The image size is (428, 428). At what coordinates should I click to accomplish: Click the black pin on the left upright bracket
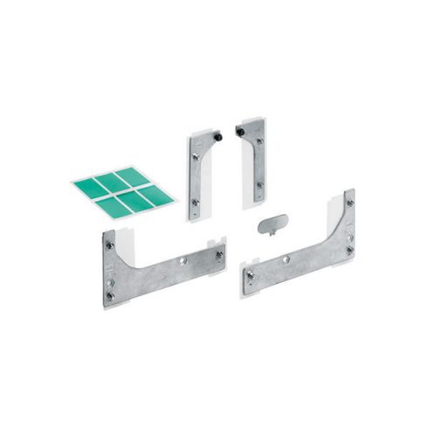(x=217, y=136)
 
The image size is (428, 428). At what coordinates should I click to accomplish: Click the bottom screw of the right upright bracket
(x=259, y=184)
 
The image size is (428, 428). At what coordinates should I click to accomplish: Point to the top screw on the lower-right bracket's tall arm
(x=349, y=203)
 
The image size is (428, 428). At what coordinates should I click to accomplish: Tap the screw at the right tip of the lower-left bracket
(x=219, y=254)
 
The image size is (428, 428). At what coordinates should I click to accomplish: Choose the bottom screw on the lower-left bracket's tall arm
(x=109, y=294)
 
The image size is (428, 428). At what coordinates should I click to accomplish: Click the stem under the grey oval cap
(x=273, y=230)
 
